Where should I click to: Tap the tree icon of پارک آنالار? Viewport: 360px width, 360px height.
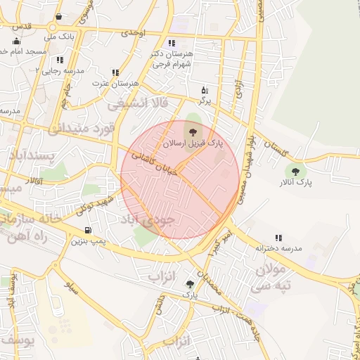click(x=295, y=171)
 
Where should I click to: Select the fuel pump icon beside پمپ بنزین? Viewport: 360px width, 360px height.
click(x=87, y=230)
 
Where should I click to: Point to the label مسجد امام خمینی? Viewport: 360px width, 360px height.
click(x=21, y=52)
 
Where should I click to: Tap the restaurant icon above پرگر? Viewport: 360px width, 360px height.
click(x=205, y=90)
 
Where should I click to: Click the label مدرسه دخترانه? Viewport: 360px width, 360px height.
click(x=278, y=248)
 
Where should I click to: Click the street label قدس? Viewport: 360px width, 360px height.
click(x=22, y=26)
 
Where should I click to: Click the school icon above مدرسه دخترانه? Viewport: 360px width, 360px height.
click(x=278, y=238)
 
